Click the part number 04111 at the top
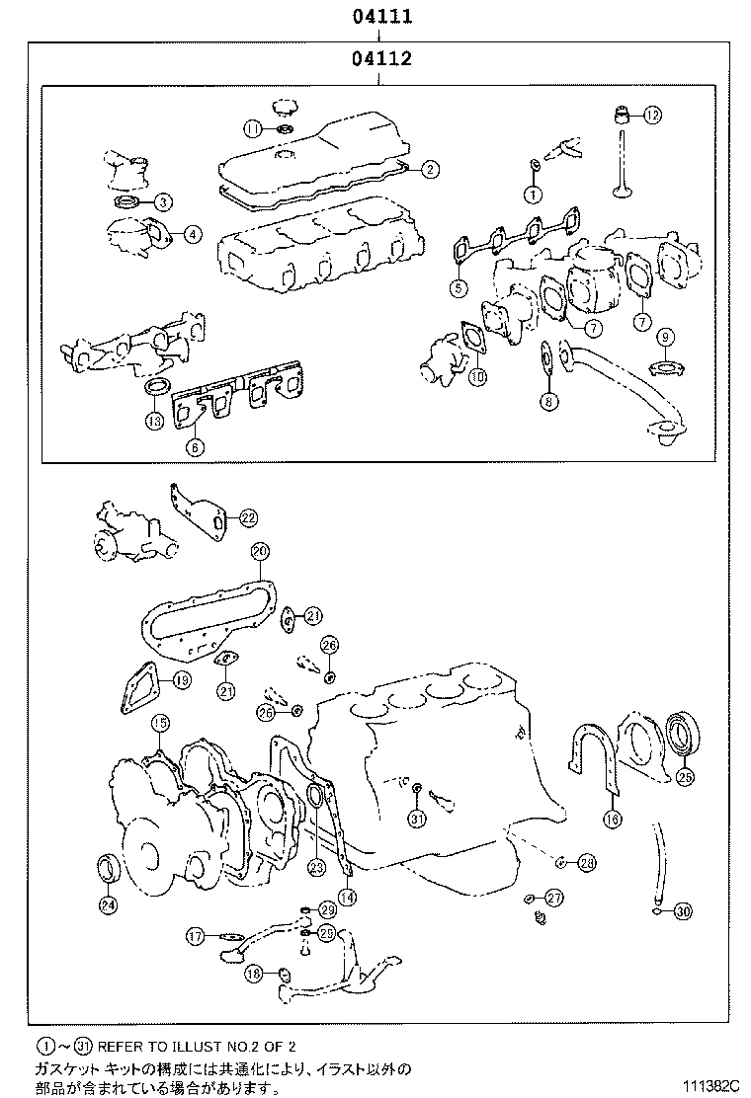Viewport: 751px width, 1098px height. coord(379,17)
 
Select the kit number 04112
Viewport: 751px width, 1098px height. coord(379,59)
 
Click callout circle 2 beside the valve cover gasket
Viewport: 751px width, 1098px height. coord(430,169)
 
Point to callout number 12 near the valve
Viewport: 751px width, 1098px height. coord(651,116)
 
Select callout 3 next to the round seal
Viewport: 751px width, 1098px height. coord(163,201)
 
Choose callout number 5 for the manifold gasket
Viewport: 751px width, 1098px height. coord(459,288)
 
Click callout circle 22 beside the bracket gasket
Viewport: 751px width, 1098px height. coord(247,516)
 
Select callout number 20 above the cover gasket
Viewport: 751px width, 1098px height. coord(259,550)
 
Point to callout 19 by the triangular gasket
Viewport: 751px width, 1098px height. coord(182,678)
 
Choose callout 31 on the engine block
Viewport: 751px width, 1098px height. coord(416,819)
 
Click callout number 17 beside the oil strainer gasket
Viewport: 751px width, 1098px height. coord(196,934)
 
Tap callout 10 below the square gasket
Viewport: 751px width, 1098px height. coord(477,376)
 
